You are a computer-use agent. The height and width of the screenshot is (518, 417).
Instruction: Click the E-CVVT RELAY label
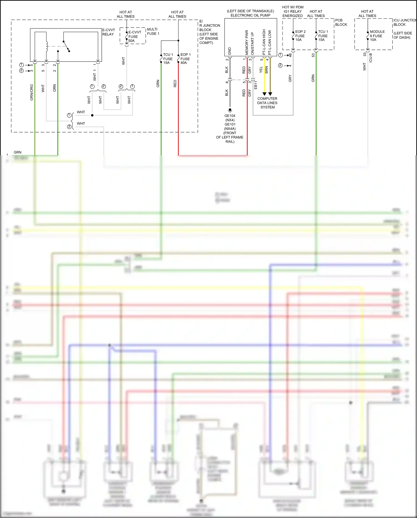(108, 32)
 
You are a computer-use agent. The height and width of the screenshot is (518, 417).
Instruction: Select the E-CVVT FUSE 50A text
(134, 36)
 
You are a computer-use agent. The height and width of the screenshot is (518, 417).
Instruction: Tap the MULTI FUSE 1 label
(153, 31)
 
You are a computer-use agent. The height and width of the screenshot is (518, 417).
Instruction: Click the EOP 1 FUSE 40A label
(185, 59)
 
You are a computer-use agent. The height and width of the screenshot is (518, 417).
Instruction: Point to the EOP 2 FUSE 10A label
(300, 36)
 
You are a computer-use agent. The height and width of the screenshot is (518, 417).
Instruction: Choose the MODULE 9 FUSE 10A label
(377, 36)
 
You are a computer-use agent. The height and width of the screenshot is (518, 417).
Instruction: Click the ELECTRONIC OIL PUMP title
(250, 15)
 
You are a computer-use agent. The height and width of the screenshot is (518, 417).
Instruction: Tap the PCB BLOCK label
(341, 22)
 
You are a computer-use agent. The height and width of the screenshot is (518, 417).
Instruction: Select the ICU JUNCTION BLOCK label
(404, 22)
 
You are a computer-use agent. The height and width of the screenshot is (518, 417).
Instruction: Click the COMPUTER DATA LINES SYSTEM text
(267, 103)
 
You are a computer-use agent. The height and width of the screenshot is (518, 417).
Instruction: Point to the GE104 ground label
(230, 116)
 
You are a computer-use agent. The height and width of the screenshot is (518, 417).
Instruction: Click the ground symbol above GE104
(230, 110)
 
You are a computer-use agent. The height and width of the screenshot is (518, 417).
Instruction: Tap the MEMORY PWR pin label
(247, 42)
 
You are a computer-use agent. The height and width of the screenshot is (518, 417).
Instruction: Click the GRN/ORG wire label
(31, 92)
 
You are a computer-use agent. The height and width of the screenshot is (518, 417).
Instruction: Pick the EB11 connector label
(255, 85)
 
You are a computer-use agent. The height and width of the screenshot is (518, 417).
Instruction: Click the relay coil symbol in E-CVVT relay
(47, 46)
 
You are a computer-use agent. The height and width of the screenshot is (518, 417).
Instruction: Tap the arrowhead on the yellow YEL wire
(264, 94)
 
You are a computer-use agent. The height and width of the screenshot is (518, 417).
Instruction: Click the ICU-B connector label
(370, 58)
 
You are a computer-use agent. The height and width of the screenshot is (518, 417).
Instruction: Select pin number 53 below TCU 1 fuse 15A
(313, 55)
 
